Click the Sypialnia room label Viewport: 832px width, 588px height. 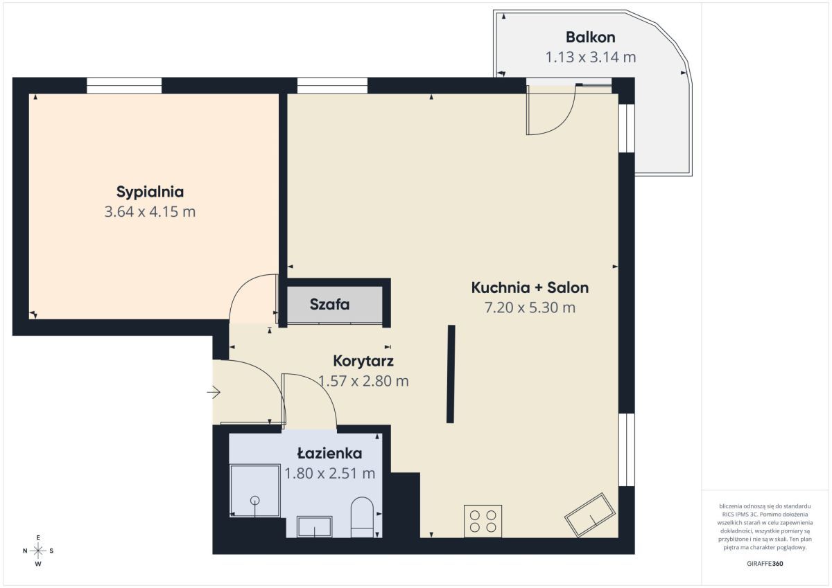(150, 192)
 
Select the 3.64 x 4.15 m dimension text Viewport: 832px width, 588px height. (150, 212)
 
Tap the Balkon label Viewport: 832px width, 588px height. (591, 37)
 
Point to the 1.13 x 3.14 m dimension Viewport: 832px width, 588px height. (591, 57)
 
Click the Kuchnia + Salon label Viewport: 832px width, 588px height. (530, 287)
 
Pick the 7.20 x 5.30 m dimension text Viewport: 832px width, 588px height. (530, 308)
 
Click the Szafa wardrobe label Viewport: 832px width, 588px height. (329, 305)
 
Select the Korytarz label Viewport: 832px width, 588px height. (363, 361)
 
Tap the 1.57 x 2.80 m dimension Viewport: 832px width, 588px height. (363, 381)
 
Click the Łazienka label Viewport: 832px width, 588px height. (329, 453)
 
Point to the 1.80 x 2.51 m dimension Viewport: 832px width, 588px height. (329, 473)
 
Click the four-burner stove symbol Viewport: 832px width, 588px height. (483, 521)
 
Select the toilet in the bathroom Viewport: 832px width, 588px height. (362, 517)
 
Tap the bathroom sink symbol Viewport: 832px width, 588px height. (315, 527)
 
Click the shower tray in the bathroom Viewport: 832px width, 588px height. (255, 490)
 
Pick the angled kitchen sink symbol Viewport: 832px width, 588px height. (590, 515)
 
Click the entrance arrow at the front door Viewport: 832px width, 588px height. (214, 392)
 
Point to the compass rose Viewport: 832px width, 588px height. (38, 551)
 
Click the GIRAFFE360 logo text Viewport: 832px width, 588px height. (765, 564)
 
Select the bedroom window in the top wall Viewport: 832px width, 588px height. (124, 86)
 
